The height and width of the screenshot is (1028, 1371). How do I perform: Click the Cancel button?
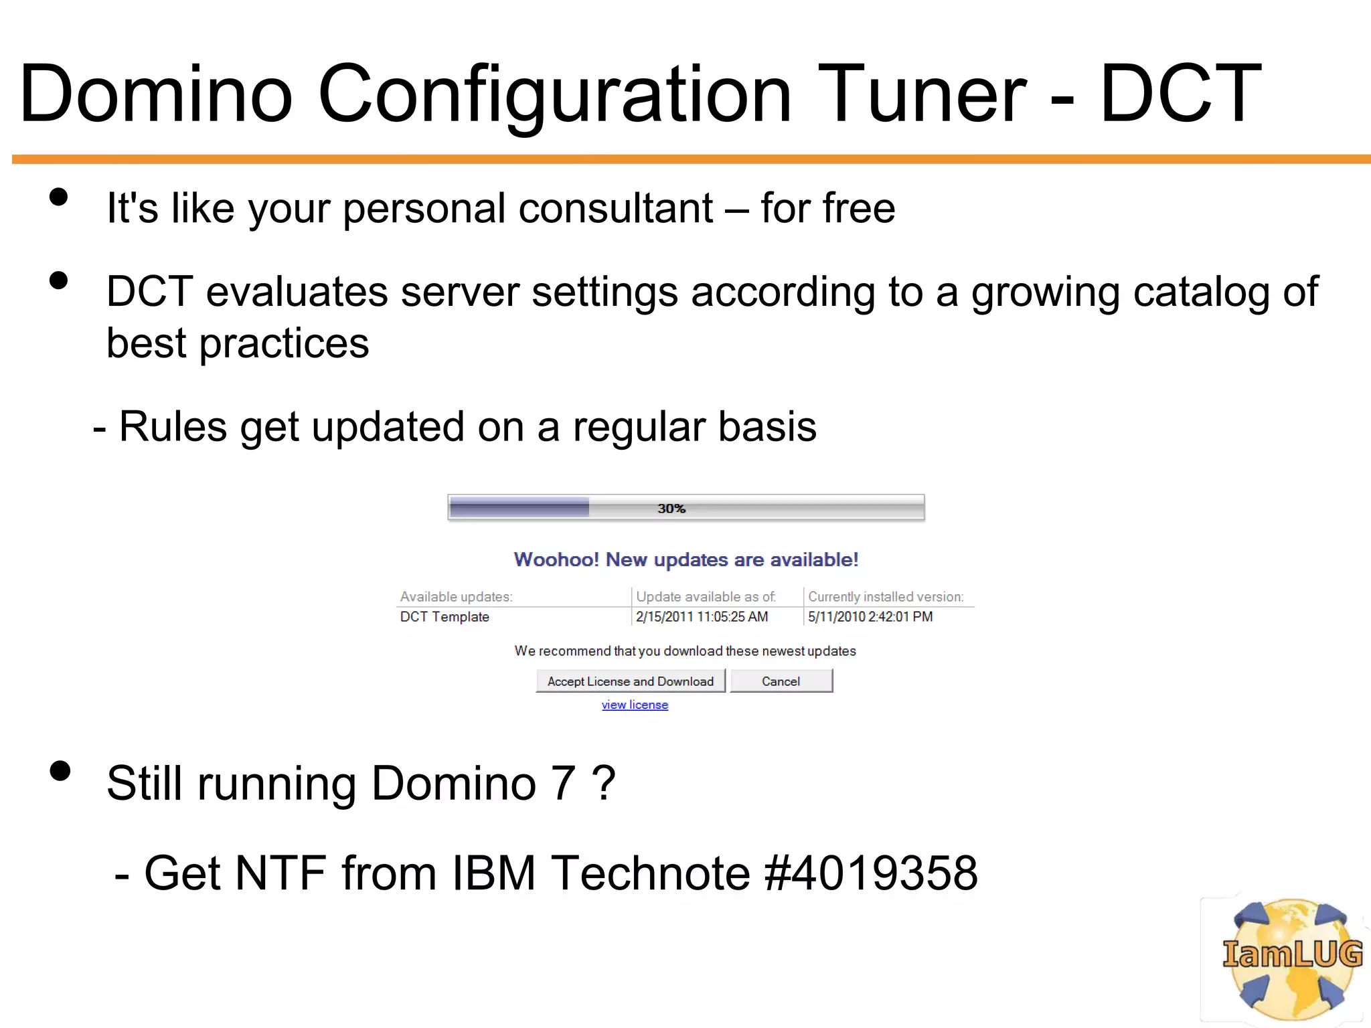pos(781,681)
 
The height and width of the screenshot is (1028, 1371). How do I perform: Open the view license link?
pos(635,705)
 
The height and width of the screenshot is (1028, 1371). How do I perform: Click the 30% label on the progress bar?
pos(671,509)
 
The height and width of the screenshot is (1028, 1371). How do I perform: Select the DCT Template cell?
pos(445,616)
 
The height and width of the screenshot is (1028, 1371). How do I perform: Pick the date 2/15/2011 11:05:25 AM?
pos(702,616)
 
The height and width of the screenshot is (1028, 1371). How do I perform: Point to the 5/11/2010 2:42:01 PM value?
pos(870,616)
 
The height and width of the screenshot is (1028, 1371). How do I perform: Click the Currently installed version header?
pos(885,596)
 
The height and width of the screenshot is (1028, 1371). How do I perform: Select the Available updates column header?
pos(456,596)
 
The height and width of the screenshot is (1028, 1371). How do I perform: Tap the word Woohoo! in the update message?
pos(556,560)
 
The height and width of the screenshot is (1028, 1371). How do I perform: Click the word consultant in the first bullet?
pos(616,208)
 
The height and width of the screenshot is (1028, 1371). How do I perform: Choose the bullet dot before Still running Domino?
pos(60,771)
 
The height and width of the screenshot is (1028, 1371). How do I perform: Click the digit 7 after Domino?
pos(562,783)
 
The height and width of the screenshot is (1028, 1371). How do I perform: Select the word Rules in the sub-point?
pos(173,426)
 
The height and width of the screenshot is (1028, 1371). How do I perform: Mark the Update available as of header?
pos(706,596)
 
